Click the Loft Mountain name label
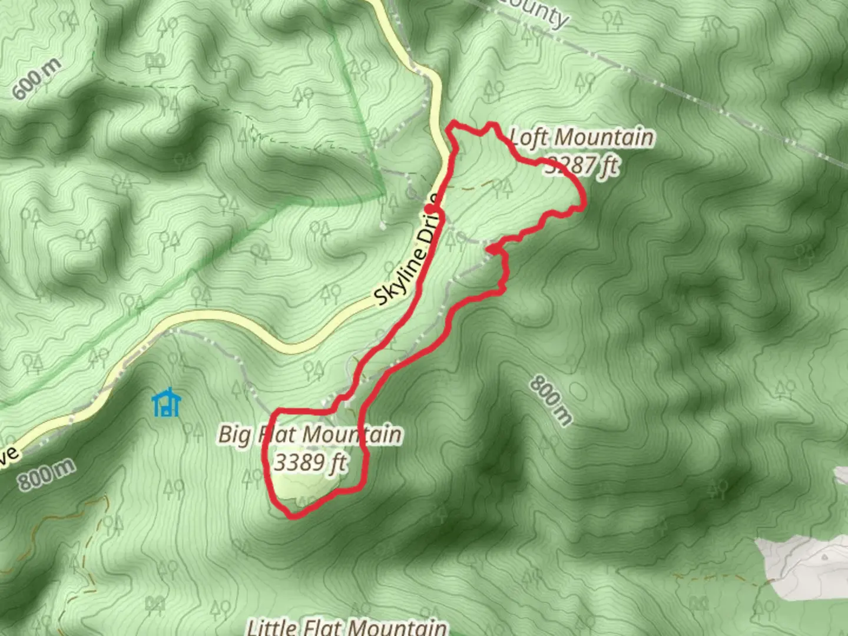581,138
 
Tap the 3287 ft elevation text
582,165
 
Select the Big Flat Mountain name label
310,435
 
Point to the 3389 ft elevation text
310,462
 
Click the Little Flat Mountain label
346,627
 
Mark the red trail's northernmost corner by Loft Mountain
453,123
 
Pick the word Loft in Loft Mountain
529,138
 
